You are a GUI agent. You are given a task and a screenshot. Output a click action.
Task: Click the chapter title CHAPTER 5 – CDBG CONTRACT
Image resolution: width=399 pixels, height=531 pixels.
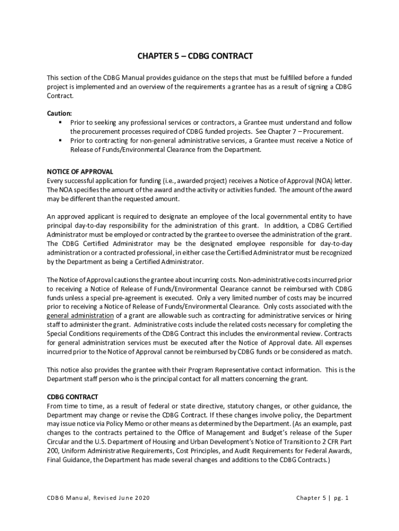point(195,55)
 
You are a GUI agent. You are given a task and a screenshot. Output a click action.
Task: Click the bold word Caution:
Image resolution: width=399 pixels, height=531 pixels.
point(60,114)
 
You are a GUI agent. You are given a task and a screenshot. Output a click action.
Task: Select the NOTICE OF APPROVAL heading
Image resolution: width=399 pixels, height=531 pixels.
point(80,172)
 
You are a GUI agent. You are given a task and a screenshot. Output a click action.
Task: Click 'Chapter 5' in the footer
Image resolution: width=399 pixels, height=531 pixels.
point(311,498)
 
